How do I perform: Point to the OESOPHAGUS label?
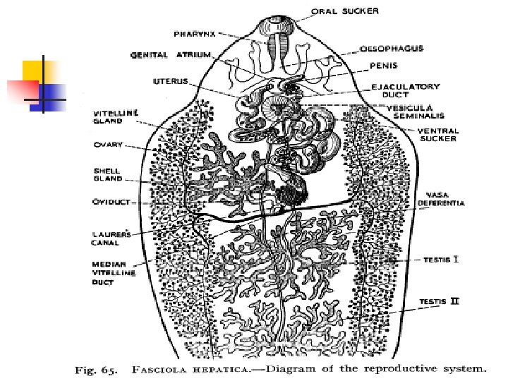[392, 49]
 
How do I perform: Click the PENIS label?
[384, 67]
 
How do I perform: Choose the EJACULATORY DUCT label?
[405, 90]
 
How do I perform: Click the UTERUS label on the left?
[170, 81]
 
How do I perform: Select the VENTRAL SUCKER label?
[437, 135]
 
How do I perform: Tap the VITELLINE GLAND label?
[116, 116]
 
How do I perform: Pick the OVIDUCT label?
[111, 201]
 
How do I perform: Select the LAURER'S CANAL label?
[109, 238]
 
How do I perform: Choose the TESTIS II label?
[439, 302]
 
